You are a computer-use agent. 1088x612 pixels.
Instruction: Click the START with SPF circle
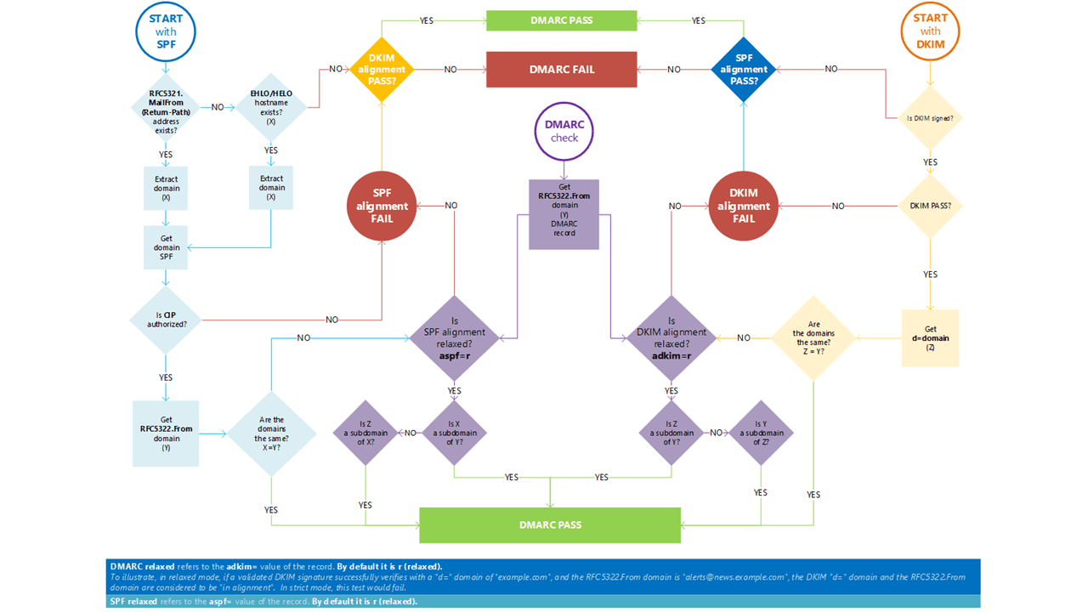tap(166, 32)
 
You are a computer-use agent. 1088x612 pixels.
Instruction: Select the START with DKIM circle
tap(930, 32)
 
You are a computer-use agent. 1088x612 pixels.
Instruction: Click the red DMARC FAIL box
tap(561, 70)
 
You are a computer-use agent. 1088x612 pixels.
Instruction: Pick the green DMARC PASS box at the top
tap(561, 20)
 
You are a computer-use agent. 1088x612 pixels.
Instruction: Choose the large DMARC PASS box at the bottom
tap(550, 524)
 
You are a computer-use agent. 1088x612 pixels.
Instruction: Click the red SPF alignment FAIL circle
tap(382, 206)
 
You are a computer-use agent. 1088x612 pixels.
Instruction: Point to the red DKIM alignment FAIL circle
tap(743, 206)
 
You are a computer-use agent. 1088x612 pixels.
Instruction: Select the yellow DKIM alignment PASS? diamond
tap(382, 70)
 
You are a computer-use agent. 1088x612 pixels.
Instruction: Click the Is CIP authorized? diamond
tap(166, 320)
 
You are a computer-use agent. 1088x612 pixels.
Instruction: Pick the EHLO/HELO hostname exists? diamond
tap(271, 108)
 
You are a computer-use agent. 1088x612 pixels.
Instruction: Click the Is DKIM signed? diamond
tap(930, 118)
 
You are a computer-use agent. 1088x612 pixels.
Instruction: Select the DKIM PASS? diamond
tap(930, 206)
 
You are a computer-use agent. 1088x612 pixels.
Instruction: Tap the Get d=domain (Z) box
tap(930, 338)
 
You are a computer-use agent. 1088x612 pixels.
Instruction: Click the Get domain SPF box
tap(166, 247)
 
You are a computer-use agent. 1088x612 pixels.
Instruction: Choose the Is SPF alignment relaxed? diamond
tap(455, 338)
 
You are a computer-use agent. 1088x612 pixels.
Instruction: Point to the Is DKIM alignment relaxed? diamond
tap(671, 338)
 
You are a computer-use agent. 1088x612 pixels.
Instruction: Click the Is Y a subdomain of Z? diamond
tap(760, 433)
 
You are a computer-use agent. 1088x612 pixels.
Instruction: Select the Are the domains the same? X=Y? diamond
tap(271, 433)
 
